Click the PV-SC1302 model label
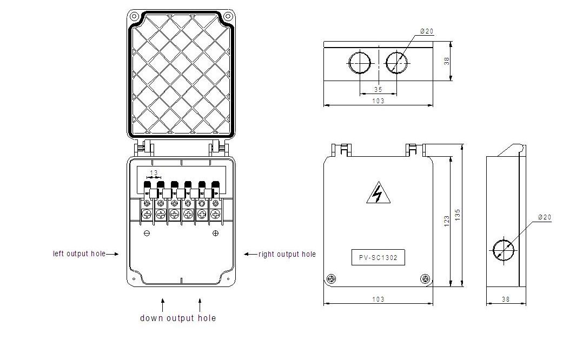point(378,258)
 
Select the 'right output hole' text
point(287,254)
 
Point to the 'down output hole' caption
point(178,318)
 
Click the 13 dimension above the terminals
point(154,173)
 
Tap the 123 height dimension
point(447,221)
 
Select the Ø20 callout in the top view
point(427,31)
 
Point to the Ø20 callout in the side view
point(545,217)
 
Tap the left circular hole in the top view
point(360,62)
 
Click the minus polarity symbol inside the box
point(147,233)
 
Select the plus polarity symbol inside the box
point(215,233)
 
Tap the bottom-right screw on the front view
point(425,279)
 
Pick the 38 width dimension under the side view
point(506,298)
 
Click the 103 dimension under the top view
point(378,101)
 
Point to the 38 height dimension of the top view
point(447,62)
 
